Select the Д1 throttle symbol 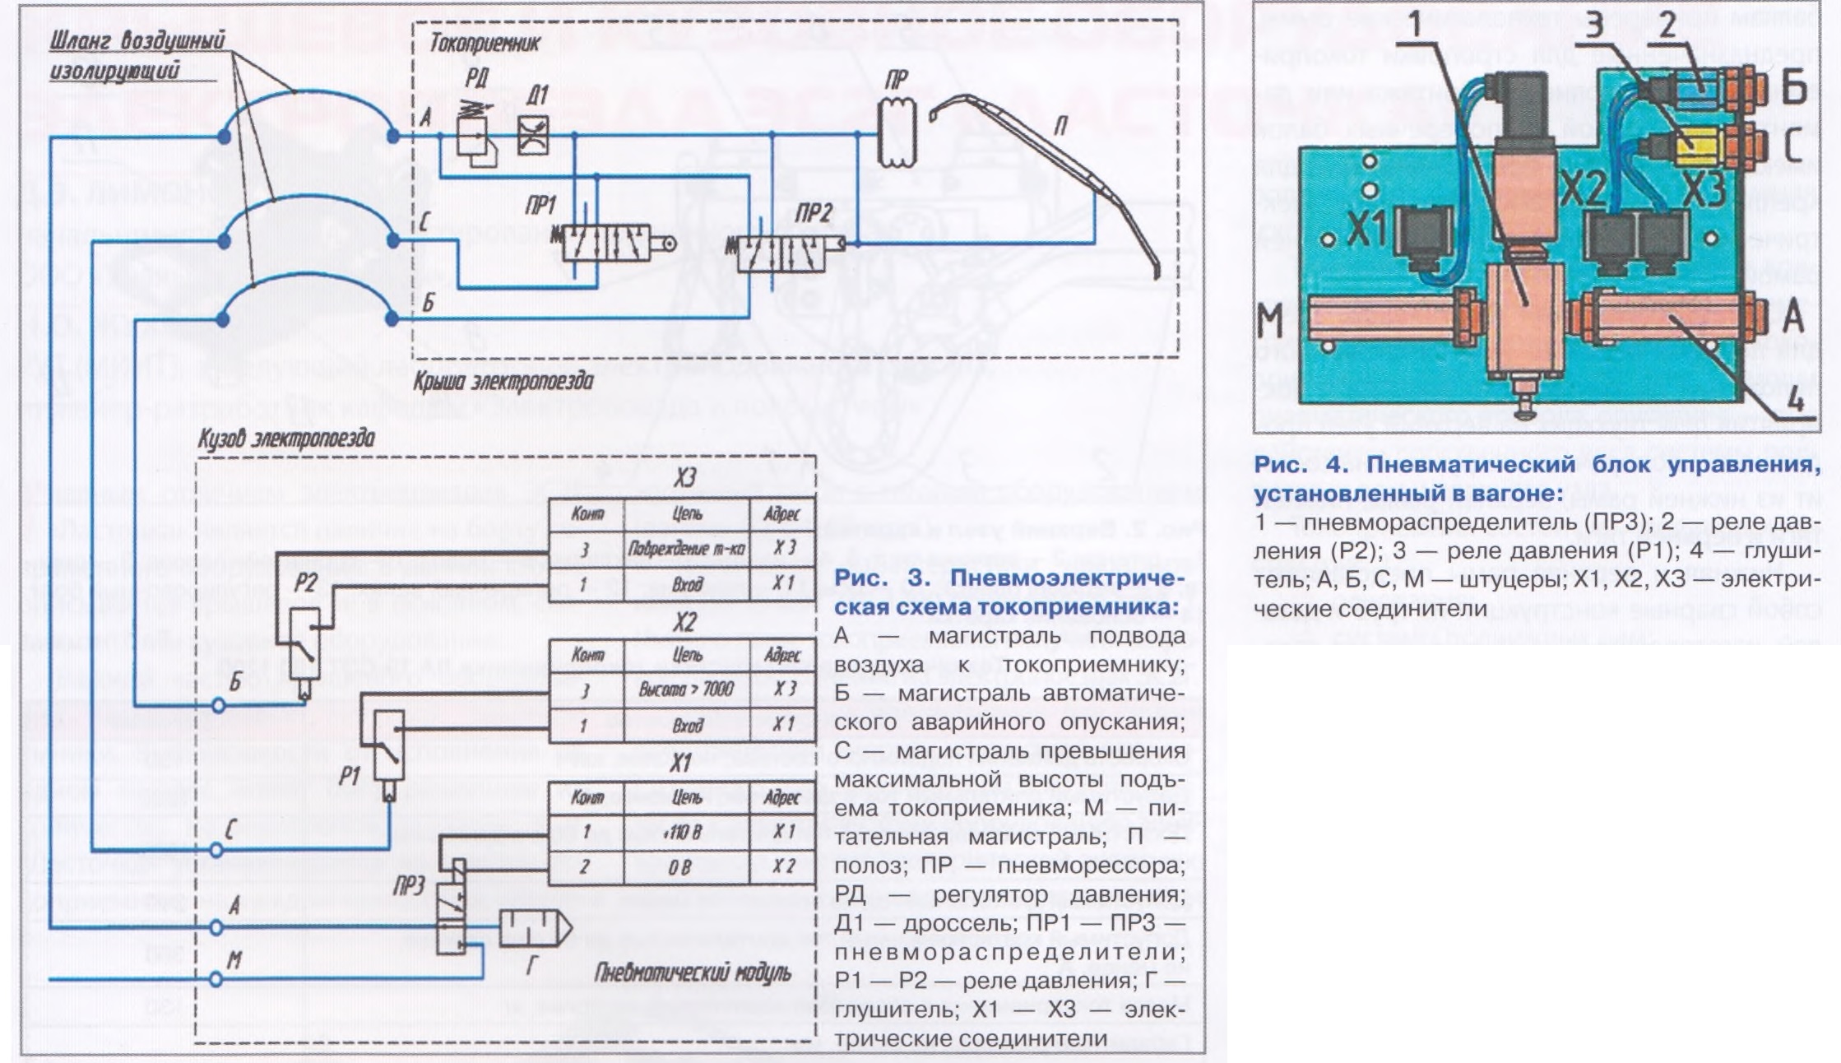(x=533, y=134)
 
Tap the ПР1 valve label (x=540, y=206)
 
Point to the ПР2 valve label (x=814, y=214)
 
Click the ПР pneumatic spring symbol (x=897, y=134)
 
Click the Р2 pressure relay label (x=305, y=583)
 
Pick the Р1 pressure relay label (x=350, y=775)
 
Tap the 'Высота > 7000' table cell (x=686, y=689)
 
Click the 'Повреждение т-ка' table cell (x=686, y=549)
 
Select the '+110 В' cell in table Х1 (x=686, y=832)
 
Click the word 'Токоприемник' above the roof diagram (x=485, y=43)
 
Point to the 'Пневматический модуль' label (x=692, y=974)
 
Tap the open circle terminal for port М (x=216, y=979)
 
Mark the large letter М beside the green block (x=1271, y=320)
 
